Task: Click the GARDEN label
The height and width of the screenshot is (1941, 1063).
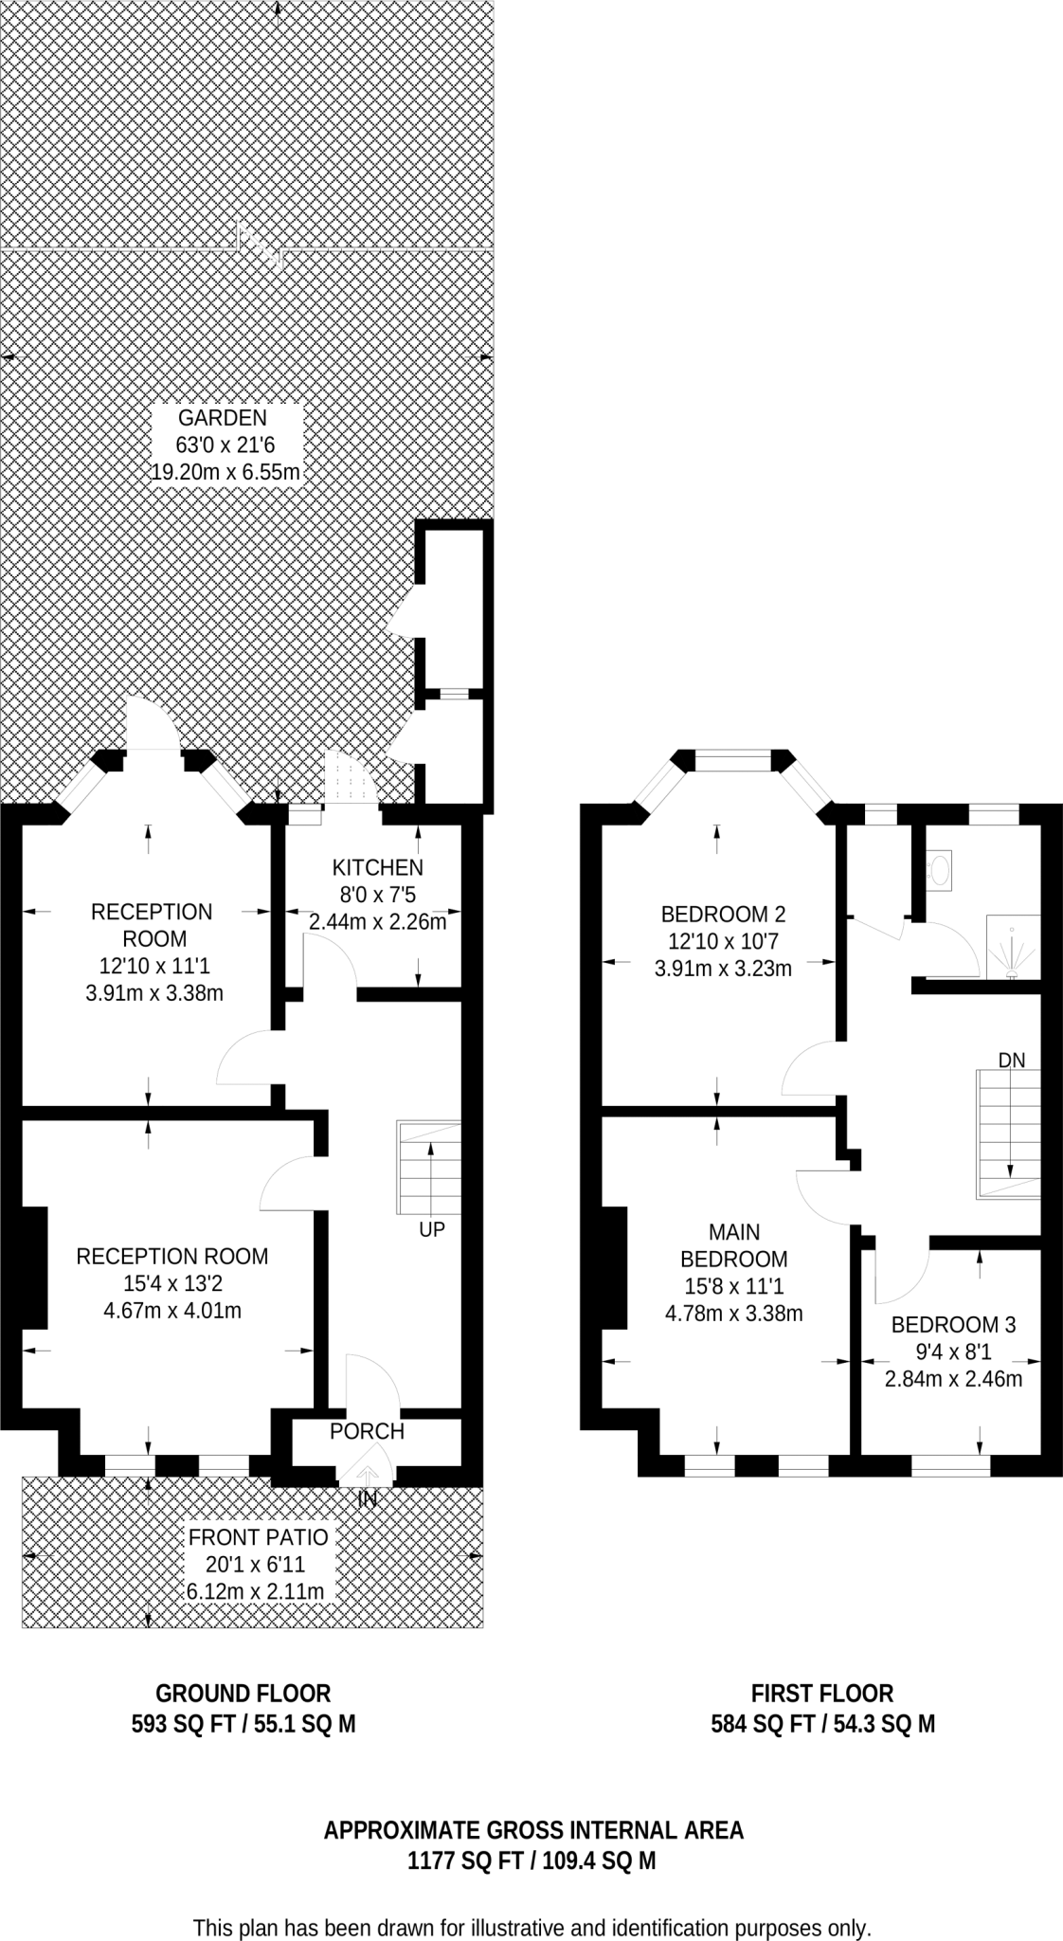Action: tap(223, 418)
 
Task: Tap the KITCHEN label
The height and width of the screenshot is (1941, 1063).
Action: tap(377, 867)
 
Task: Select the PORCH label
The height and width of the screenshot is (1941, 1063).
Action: tap(367, 1431)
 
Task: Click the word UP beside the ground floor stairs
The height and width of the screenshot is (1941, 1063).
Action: tap(431, 1230)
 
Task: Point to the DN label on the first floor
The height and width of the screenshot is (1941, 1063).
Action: tap(1011, 1061)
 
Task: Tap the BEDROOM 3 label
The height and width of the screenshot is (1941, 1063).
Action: tap(953, 1325)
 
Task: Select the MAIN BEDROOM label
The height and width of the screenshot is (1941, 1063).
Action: tap(734, 1245)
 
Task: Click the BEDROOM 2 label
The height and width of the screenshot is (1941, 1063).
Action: tap(723, 915)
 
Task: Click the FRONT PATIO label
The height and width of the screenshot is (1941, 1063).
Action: tap(258, 1537)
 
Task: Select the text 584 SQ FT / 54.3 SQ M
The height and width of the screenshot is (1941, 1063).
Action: tap(822, 1724)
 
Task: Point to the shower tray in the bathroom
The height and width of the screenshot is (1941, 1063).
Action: tap(1013, 946)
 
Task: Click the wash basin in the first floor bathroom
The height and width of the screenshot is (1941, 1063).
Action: tap(940, 869)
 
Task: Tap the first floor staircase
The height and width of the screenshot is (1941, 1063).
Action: tap(1008, 1134)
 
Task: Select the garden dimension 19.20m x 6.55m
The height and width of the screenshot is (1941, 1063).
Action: tap(225, 472)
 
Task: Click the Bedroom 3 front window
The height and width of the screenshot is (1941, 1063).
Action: tap(950, 1465)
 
